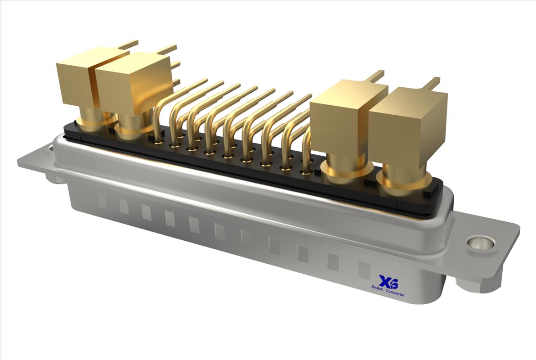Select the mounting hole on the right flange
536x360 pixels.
pos(481,243)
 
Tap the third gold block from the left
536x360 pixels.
pos(344,117)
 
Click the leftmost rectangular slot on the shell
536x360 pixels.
pos(102,201)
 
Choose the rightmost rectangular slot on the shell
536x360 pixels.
pos(364,270)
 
